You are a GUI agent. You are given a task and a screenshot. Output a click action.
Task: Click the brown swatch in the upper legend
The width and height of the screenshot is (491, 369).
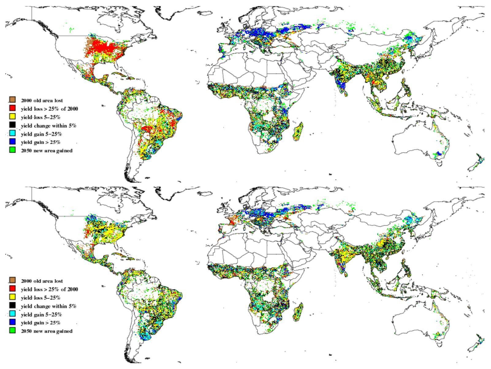point(12,100)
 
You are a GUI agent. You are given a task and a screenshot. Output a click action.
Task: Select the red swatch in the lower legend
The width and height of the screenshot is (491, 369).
point(12,289)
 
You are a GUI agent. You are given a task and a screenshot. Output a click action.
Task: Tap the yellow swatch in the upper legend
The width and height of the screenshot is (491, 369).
point(12,117)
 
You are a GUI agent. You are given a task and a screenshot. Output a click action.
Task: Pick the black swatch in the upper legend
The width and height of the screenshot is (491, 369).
point(12,125)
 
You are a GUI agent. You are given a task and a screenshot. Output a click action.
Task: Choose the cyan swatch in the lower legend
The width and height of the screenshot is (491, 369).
point(12,314)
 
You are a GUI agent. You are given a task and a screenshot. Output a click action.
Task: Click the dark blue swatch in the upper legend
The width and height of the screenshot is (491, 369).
point(12,142)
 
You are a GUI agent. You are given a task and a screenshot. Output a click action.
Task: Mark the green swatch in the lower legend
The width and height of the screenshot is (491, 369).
point(12,331)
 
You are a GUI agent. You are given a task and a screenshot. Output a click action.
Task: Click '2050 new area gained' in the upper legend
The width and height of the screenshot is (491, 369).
point(47,151)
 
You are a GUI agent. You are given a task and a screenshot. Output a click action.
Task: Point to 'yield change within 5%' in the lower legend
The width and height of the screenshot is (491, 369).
point(48,306)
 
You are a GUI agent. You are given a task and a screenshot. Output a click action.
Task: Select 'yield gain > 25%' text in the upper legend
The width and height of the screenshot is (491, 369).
point(40,142)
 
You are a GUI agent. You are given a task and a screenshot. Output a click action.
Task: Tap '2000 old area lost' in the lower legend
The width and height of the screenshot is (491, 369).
point(42,281)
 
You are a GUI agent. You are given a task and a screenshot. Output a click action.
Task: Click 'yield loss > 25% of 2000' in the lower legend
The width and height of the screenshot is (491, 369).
point(49,289)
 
